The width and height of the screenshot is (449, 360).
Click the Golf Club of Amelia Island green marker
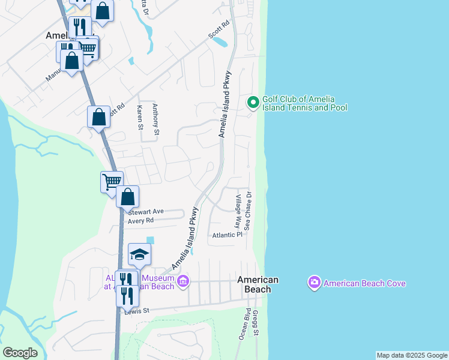(x=253, y=103)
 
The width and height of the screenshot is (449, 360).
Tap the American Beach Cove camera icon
(x=314, y=283)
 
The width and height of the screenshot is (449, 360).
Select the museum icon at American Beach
(x=183, y=281)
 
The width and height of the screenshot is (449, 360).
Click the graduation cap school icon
(x=139, y=255)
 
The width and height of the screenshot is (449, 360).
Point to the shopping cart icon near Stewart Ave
(x=112, y=181)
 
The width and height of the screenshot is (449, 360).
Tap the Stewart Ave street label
(x=146, y=211)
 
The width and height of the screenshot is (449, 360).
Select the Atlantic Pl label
(x=227, y=235)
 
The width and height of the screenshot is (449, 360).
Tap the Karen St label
(x=140, y=118)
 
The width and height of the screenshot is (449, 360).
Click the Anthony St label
(x=155, y=119)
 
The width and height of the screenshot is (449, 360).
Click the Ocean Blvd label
(x=244, y=324)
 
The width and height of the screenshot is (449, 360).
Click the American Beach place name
(x=258, y=284)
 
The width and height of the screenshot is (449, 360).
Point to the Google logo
(x=20, y=352)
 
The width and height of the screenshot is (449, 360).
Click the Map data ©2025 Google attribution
(x=412, y=355)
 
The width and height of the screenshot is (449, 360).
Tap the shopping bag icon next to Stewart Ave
(x=127, y=197)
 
